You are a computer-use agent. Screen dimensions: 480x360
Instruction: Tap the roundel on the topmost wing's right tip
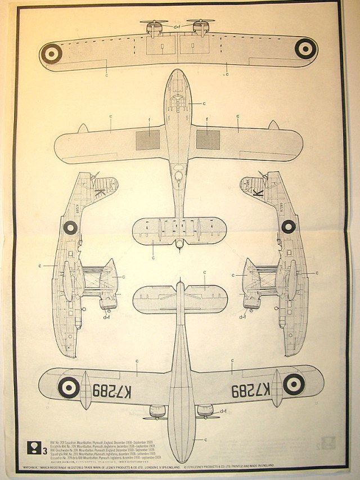[304, 48]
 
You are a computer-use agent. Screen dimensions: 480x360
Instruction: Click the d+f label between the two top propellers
[177, 26]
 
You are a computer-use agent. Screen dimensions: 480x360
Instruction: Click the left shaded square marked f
[147, 139]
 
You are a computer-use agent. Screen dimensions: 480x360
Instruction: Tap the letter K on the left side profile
[100, 192]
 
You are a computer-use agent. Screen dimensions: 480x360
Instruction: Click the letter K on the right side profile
[260, 192]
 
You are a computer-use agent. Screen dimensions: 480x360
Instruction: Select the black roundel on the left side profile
[70, 227]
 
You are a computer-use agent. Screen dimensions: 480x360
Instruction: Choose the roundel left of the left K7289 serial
[70, 387]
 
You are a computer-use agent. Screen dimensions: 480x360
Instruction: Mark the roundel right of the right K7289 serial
[293, 384]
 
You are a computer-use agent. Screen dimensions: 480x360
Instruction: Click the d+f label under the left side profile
[107, 317]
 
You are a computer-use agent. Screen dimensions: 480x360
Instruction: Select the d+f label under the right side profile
[243, 317]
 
